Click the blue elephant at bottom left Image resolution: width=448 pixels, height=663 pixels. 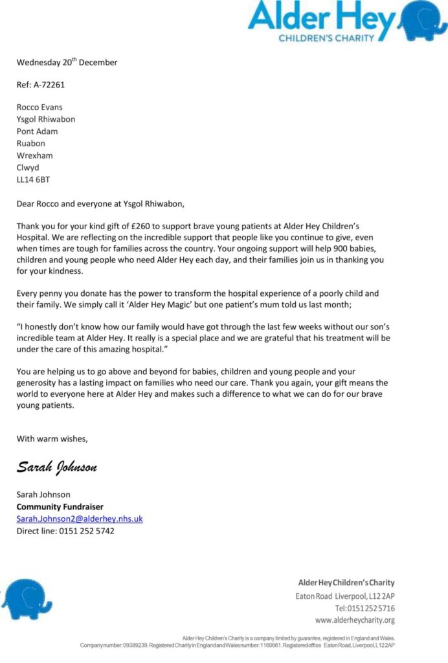[26, 600]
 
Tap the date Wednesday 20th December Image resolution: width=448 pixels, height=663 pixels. [67, 63]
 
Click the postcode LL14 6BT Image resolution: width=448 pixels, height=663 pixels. [33, 179]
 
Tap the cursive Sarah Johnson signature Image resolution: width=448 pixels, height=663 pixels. [57, 467]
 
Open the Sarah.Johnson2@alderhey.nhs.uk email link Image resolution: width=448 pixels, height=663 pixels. [80, 519]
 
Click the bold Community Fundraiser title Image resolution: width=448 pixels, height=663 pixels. [60, 507]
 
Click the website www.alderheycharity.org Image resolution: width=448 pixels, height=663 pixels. [355, 620]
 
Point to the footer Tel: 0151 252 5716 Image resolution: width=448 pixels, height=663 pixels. [364, 608]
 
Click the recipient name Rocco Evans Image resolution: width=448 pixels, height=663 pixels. [39, 107]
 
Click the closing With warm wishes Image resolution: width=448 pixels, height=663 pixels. [52, 438]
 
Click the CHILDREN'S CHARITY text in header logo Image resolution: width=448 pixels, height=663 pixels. [326, 38]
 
